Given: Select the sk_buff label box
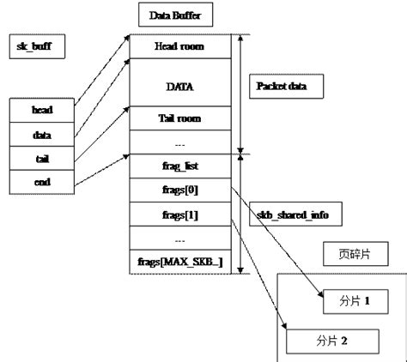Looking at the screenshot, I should (x=33, y=44).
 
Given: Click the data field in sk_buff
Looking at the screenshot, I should (x=41, y=135).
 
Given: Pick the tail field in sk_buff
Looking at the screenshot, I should (x=41, y=158).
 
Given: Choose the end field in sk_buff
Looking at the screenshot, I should (x=41, y=181).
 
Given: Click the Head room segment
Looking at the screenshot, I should (x=179, y=46).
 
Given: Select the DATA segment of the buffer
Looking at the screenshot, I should (x=179, y=86).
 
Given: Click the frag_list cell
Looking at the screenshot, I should (x=179, y=164).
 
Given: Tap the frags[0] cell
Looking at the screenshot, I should (x=179, y=188).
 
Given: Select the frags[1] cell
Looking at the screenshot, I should (x=179, y=212).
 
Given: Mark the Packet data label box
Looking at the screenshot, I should (x=287, y=87).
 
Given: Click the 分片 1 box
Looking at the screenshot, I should (x=352, y=302).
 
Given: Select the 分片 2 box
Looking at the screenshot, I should (x=331, y=341).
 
